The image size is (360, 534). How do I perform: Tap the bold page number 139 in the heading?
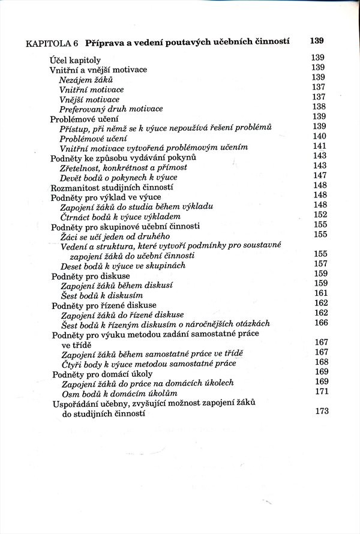[317, 41]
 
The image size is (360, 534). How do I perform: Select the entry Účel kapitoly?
[75, 60]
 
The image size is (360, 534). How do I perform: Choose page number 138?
[319, 107]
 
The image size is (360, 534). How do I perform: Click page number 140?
[319, 136]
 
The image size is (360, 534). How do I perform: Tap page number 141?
[319, 146]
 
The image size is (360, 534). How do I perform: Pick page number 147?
[320, 175]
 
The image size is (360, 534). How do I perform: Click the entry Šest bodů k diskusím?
[101, 295]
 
